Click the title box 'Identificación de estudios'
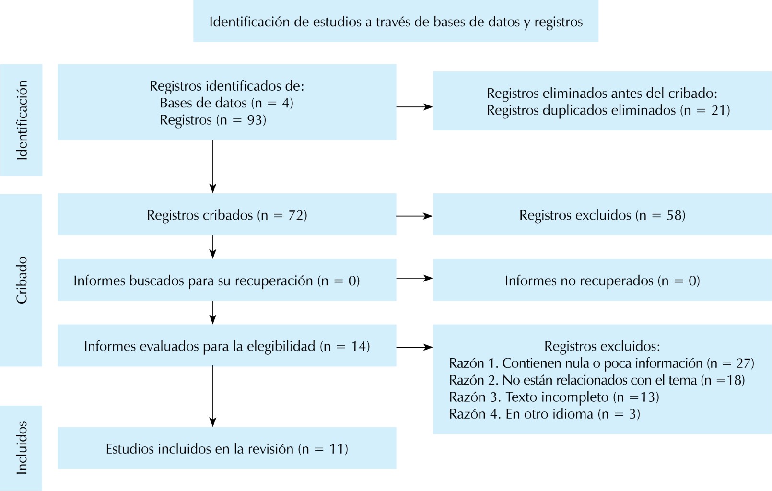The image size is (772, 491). (396, 22)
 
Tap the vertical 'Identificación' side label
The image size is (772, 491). (22, 120)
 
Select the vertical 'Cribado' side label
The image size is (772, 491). (22, 280)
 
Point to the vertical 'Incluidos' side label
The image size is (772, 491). (22, 448)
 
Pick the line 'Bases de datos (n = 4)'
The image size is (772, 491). (226, 103)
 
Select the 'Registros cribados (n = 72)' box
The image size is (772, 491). (227, 215)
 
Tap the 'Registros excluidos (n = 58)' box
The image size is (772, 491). (602, 215)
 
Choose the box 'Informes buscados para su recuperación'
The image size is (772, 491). (227, 281)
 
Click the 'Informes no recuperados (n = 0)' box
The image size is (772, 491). (602, 281)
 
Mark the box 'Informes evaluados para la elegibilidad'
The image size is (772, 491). (227, 346)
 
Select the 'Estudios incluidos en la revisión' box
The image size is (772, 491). (227, 449)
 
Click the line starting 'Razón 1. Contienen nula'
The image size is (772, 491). (601, 363)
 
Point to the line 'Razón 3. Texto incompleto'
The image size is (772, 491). (554, 397)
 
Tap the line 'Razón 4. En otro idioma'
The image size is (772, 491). (544, 414)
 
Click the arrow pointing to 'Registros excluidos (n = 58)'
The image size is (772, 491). (414, 216)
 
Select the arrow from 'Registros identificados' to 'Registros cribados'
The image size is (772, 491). (213, 166)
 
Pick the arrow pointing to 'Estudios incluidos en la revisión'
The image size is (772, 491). (213, 396)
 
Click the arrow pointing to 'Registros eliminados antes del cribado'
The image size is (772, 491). (414, 107)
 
